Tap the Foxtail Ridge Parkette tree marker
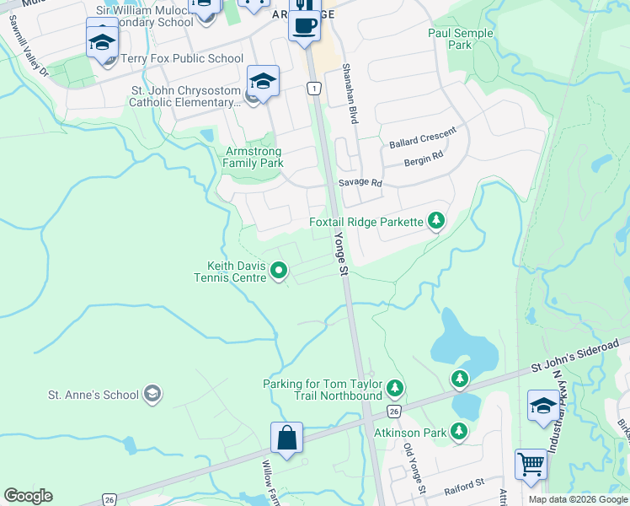pos(435,221)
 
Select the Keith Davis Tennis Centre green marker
pos(279,271)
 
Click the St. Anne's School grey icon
pos(152,394)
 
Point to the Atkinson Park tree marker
pos(459,432)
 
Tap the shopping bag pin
pos(286,438)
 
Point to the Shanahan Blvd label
pos(349,94)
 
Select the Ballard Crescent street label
pos(422,138)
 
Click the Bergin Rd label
pos(423,159)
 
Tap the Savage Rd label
pos(360,182)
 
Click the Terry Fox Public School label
pos(182,59)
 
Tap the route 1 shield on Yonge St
pos(313,88)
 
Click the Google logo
pos(28,496)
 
